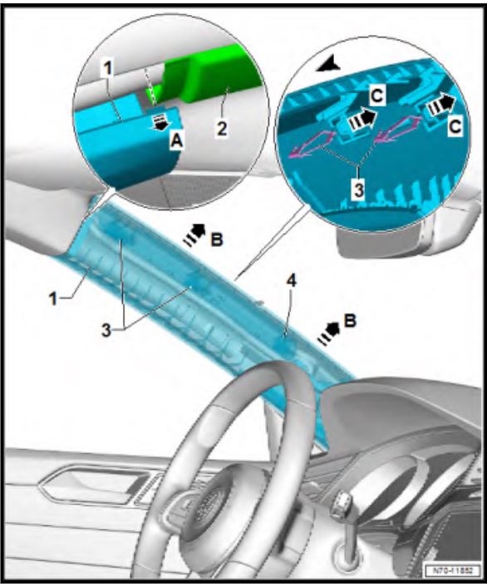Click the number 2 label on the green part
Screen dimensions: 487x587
click(x=222, y=129)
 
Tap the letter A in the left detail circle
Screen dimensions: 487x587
click(x=177, y=141)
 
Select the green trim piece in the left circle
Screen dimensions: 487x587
click(x=205, y=76)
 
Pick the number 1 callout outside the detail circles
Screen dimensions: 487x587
click(x=53, y=298)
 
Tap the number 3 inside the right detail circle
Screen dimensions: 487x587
click(x=359, y=190)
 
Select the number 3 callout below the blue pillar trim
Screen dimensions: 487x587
click(x=106, y=330)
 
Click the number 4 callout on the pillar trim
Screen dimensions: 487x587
click(x=292, y=280)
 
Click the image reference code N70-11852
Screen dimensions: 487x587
click(x=453, y=571)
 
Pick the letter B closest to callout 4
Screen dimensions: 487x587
click(x=350, y=321)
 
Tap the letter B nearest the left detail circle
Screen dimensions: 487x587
click(x=217, y=240)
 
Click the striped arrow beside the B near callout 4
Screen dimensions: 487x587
click(x=328, y=334)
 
